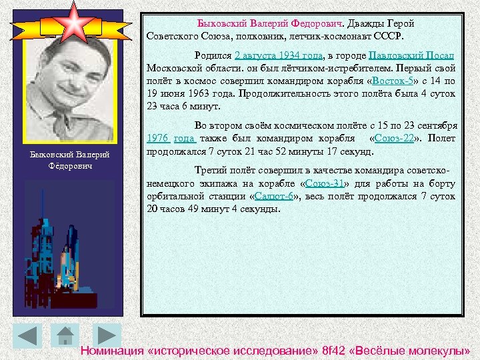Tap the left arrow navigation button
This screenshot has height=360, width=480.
(27, 336)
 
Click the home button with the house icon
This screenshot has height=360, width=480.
(65, 336)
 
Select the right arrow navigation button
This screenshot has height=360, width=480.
(104, 336)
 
